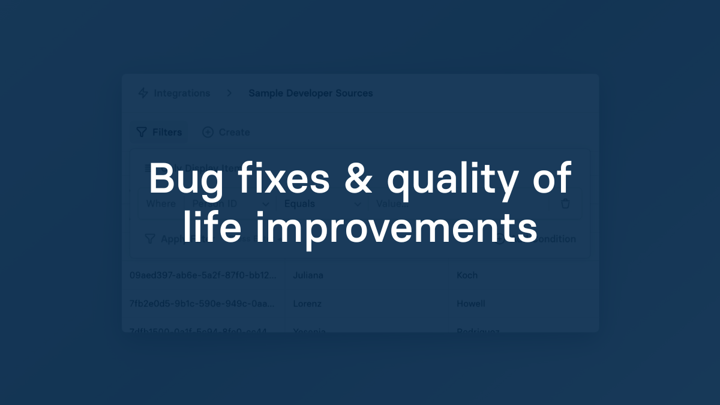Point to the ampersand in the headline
click(359, 178)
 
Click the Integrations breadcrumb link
click(182, 93)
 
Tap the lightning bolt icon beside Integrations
click(143, 93)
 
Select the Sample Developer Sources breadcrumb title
click(311, 93)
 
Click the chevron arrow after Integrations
click(229, 93)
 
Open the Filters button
click(159, 132)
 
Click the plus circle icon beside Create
click(208, 132)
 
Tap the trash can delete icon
click(565, 203)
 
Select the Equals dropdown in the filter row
click(321, 203)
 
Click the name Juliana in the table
click(308, 275)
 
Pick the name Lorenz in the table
click(307, 304)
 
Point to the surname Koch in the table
click(467, 275)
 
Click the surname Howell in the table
click(470, 304)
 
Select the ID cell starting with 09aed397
click(203, 275)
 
